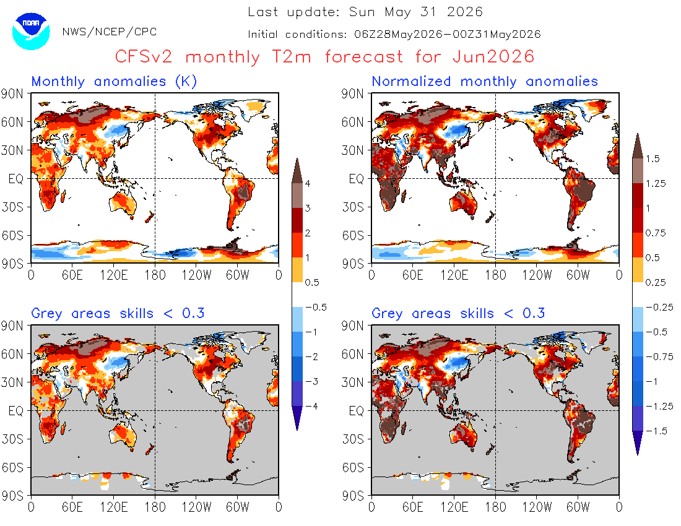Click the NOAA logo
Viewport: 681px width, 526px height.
coord(31,31)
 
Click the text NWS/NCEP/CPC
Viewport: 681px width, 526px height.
coord(110,32)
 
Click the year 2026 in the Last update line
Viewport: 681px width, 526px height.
coord(465,12)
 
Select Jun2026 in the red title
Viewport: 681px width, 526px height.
coord(493,56)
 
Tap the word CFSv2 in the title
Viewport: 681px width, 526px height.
coord(144,56)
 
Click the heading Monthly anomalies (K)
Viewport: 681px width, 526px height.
coord(115,81)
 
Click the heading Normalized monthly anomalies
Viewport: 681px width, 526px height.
coord(485,81)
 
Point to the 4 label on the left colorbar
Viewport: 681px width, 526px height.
coord(308,183)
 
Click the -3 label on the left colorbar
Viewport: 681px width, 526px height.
coord(312,381)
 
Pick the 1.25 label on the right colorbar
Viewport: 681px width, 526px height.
coord(656,184)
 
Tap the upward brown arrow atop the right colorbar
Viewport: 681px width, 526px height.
coord(638,146)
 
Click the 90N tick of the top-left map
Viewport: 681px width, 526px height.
coord(12,93)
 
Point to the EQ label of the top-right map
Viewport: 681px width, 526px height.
coord(356,179)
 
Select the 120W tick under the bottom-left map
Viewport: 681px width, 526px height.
coord(196,507)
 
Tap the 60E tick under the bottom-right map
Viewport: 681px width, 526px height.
coord(412,507)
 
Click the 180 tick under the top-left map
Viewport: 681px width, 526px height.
coord(155,275)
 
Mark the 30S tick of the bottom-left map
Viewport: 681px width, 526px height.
coord(12,439)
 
